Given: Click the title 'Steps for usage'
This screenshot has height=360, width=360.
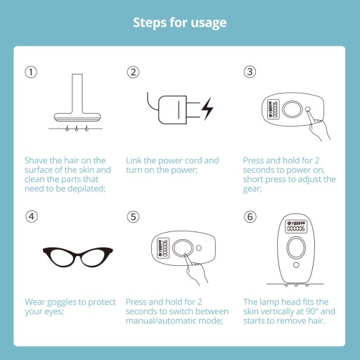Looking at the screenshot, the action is [x=180, y=23].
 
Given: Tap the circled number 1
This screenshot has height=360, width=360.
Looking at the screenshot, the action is [x=31, y=72].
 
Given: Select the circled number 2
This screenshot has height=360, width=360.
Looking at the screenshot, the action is [x=133, y=72].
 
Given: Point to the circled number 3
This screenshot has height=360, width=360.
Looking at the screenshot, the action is [x=250, y=72].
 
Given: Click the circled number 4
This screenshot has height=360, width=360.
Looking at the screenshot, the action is [x=32, y=217].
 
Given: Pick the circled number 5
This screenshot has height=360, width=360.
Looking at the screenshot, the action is [x=133, y=217].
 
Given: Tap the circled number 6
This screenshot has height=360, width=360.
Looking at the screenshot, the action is [x=250, y=217].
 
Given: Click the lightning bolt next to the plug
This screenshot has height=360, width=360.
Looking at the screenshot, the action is [x=207, y=109].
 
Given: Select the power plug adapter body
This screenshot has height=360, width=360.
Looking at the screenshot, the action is [x=173, y=110].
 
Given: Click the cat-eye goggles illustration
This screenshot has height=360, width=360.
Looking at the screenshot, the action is [x=78, y=257].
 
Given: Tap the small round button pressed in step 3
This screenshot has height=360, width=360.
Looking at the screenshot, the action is [x=308, y=109].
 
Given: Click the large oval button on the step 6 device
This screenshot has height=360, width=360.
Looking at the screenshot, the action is [x=296, y=247].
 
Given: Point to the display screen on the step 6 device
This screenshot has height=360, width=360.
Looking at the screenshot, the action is [x=296, y=226].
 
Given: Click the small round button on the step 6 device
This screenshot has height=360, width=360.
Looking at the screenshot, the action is [x=296, y=265].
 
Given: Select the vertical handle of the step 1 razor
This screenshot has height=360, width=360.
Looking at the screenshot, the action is [x=77, y=94].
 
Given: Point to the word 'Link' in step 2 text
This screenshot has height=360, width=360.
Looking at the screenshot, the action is [x=134, y=160].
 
